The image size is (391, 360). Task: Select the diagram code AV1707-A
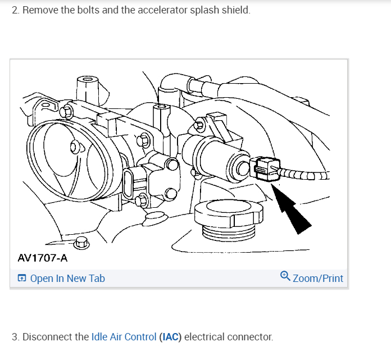(42, 258)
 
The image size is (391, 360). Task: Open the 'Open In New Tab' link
(67, 278)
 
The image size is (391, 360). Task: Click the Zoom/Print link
(318, 278)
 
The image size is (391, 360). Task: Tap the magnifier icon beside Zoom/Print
(285, 277)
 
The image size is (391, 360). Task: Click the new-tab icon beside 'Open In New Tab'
(22, 278)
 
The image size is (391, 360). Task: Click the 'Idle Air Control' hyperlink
(124, 337)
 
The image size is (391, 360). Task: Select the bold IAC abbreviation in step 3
(170, 337)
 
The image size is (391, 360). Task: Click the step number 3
(15, 337)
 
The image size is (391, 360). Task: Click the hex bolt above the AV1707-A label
(81, 243)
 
